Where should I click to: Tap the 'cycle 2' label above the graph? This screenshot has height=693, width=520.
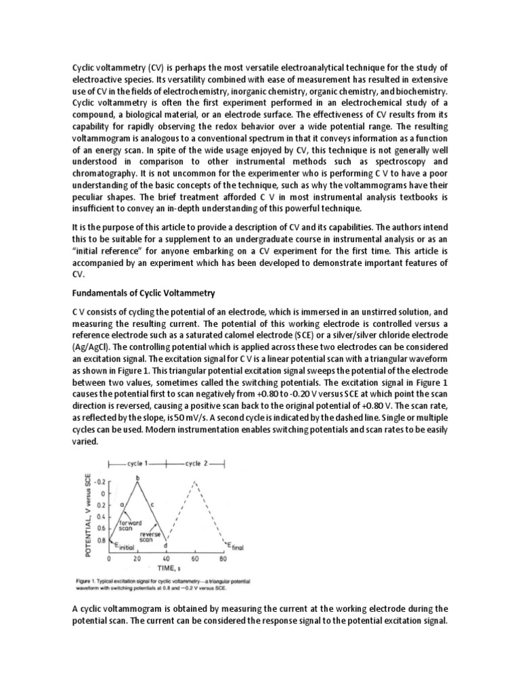[x=197, y=464]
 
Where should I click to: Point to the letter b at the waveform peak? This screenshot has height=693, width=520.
[x=138, y=478]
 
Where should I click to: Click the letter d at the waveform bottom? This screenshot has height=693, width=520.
[x=166, y=545]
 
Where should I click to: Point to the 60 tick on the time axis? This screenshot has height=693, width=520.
[x=195, y=560]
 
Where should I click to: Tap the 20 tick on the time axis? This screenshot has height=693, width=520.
[x=137, y=560]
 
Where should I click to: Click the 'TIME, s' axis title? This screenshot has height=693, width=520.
[x=166, y=569]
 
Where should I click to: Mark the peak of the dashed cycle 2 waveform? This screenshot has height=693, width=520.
[x=195, y=481]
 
